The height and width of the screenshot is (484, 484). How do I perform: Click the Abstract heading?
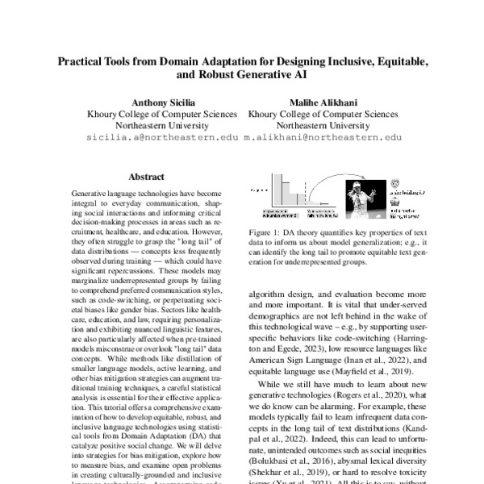[x=146, y=177]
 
